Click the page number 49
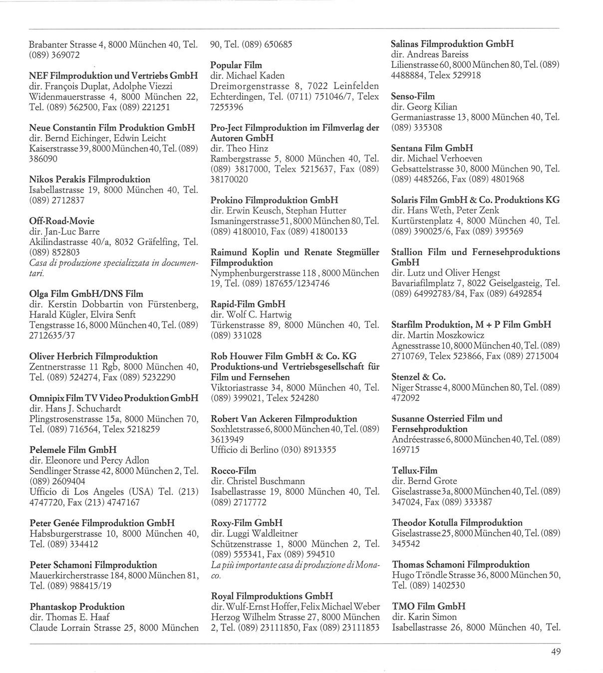click(556, 652)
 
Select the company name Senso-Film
click(413, 96)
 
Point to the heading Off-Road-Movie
click(62, 221)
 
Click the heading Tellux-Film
click(415, 470)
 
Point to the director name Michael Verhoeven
click(445, 159)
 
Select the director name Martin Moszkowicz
click(445, 335)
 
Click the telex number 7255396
click(227, 107)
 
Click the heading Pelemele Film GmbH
click(73, 450)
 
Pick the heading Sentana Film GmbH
click(425, 148)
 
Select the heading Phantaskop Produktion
click(77, 607)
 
